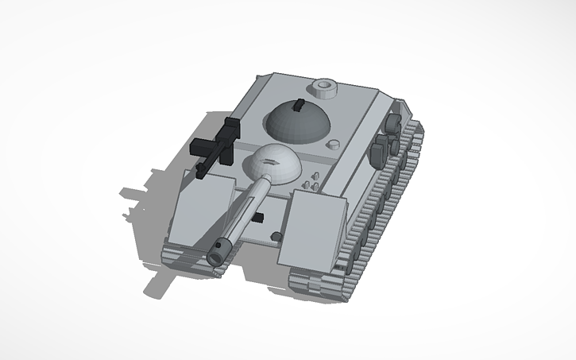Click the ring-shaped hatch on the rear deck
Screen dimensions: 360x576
324,86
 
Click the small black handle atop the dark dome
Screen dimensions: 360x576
299,105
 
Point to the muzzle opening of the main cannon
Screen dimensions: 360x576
215,257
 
